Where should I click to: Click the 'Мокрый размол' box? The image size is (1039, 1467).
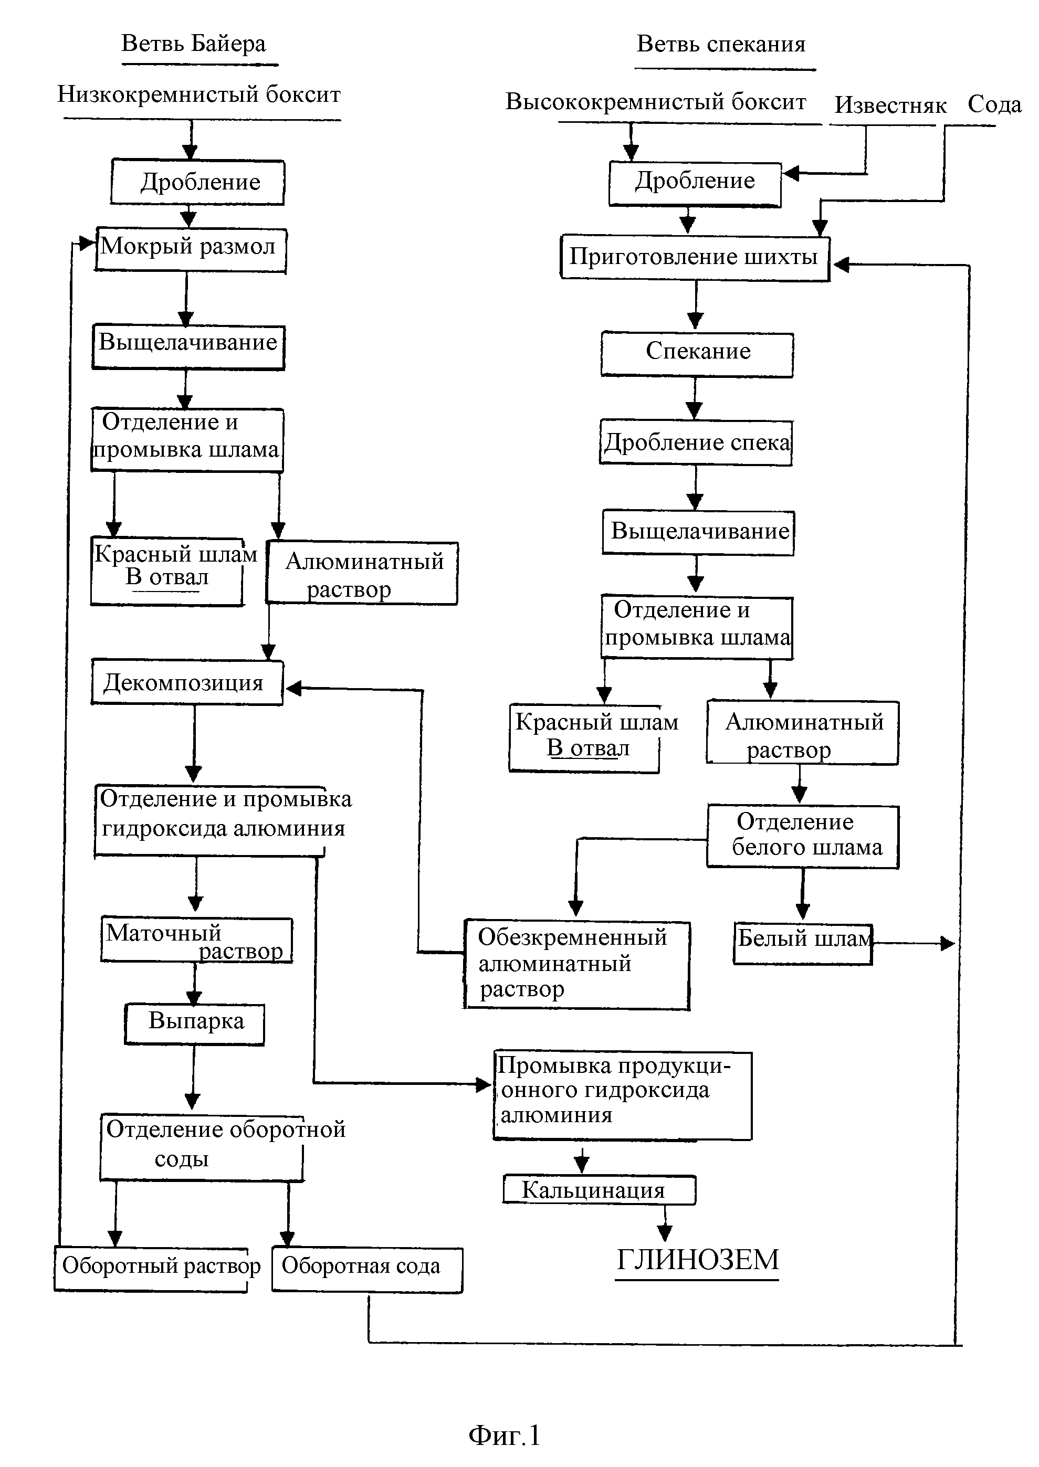coord(190,250)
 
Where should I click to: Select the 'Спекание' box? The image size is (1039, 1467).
coord(697,354)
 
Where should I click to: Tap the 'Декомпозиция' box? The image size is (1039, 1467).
coord(187,682)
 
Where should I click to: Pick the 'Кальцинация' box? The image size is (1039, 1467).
coord(600,1189)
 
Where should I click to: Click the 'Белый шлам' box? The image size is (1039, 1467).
coord(803,943)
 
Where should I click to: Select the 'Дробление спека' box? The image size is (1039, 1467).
coord(696,442)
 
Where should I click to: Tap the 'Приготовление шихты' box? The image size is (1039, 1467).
coord(696,258)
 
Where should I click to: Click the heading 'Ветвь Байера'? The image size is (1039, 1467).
coord(193,44)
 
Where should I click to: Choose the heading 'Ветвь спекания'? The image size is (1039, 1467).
coord(721,44)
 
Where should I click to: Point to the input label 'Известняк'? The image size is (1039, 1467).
coord(890,105)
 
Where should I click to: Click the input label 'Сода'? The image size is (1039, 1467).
coord(994,103)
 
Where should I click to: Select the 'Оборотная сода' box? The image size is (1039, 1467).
coord(367,1270)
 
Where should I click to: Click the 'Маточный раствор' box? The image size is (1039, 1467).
coord(196,940)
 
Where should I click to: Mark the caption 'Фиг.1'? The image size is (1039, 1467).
coord(505,1435)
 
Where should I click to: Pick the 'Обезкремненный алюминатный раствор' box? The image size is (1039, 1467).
coord(576,964)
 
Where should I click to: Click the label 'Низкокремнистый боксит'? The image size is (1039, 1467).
coord(199,94)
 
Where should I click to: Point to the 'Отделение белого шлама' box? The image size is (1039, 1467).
coord(803,836)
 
